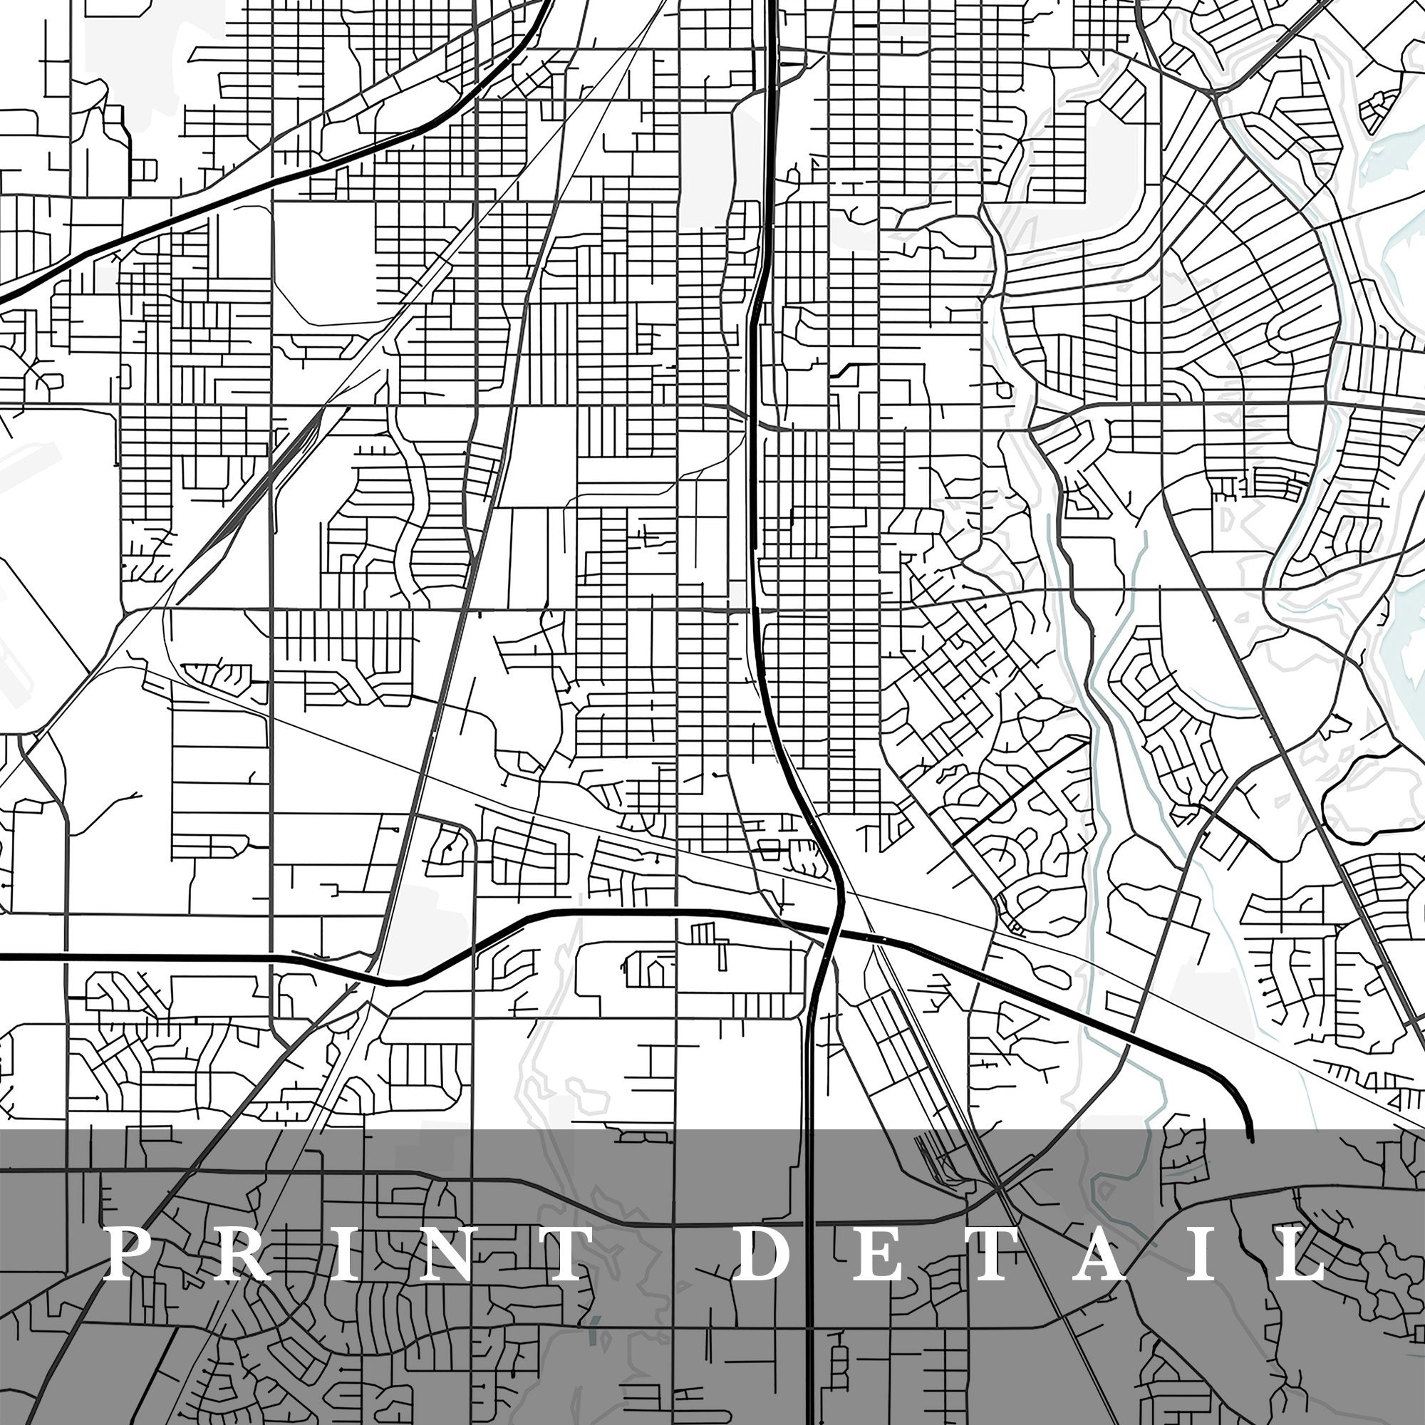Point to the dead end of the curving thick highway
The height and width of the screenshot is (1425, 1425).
pyautogui.click(x=1250, y=1140)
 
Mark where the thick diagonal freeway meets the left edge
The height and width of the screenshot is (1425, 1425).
pyautogui.click(x=2, y=299)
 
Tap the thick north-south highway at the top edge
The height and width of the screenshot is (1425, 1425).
pyautogui.click(x=772, y=3)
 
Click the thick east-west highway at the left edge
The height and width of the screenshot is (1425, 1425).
pyautogui.click(x=3, y=957)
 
